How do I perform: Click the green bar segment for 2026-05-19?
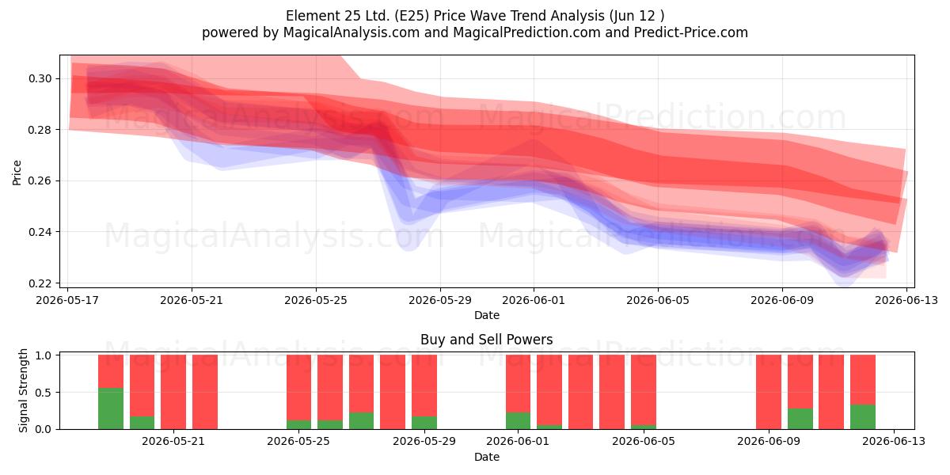[111, 408]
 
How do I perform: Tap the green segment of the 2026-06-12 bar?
[863, 417]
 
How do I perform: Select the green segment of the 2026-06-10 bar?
[800, 419]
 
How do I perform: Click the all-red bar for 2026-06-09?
[769, 392]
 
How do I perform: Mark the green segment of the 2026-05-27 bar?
[361, 420]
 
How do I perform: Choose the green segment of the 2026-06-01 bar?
[518, 420]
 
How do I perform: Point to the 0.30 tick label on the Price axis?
[40, 79]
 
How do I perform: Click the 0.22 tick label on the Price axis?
[40, 283]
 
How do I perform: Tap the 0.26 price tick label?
[40, 181]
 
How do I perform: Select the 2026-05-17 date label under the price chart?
[67, 300]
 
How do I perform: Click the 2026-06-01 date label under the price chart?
[534, 300]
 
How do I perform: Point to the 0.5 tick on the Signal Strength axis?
[44, 393]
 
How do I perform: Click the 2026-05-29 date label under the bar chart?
[424, 441]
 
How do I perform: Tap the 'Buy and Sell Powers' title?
[486, 340]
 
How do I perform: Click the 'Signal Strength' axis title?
[23, 390]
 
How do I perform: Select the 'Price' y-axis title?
[17, 173]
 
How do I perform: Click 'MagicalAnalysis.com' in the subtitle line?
[351, 32]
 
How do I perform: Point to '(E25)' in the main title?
[412, 16]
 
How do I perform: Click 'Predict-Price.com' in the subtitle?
[691, 32]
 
